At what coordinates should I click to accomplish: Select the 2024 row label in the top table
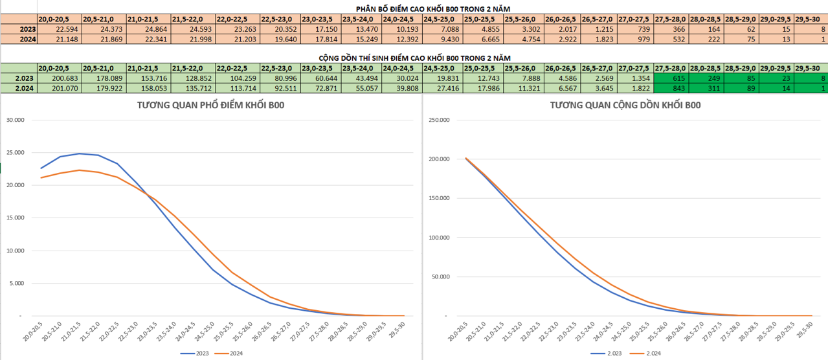(27, 39)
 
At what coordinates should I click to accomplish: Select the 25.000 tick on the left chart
(14, 153)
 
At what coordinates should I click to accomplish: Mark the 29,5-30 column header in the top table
(810, 19)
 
